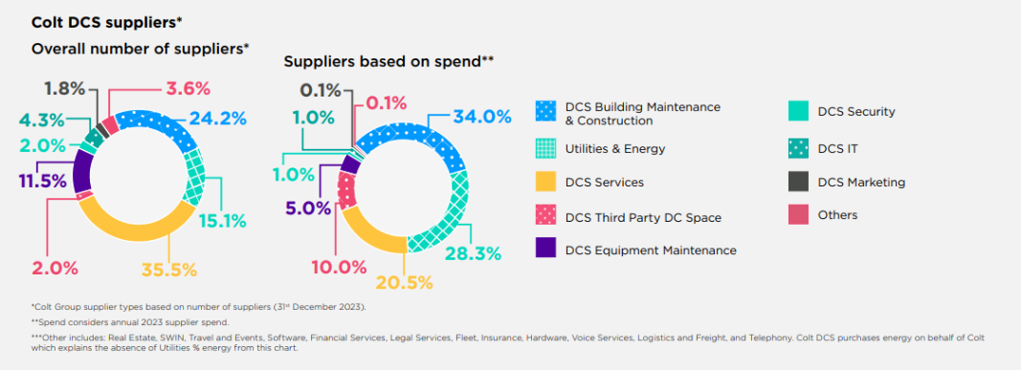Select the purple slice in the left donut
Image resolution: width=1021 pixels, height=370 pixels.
click(x=82, y=173)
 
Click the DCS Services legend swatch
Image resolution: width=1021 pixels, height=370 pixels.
click(x=545, y=182)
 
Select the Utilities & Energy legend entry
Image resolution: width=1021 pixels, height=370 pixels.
click(x=614, y=148)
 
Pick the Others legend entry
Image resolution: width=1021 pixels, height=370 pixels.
click(x=837, y=215)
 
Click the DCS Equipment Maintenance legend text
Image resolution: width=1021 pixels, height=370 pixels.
click(x=651, y=250)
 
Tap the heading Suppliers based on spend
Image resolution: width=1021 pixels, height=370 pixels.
click(x=388, y=61)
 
